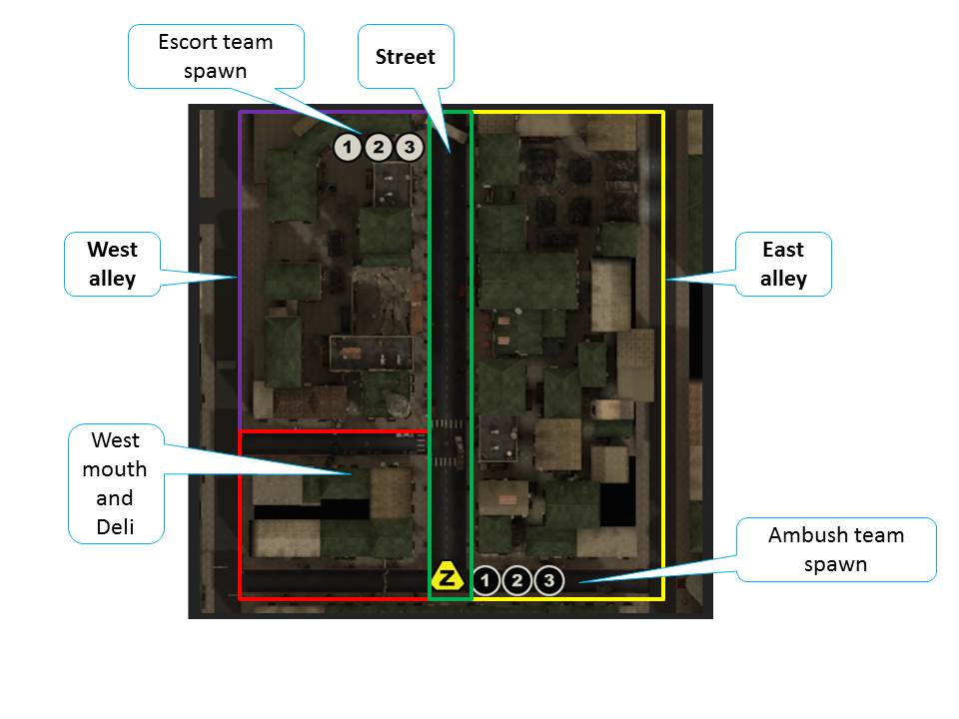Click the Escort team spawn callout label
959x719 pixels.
216,56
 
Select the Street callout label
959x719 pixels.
406,57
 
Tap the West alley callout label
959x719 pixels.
113,264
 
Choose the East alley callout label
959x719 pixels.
783,264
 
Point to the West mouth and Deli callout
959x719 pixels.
116,483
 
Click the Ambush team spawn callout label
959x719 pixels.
836,549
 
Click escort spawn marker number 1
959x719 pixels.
347,148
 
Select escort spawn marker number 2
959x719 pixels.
378,148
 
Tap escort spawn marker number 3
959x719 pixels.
409,148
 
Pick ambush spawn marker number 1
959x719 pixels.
485,580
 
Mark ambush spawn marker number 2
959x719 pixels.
517,580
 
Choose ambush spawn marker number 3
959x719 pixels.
549,580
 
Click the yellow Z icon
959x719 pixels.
447,577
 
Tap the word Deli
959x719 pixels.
116,526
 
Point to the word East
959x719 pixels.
783,250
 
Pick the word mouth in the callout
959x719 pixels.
116,469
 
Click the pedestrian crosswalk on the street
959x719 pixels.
450,424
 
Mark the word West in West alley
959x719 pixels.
113,250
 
